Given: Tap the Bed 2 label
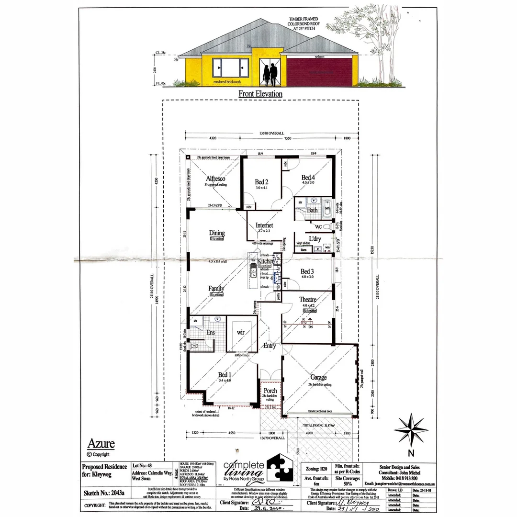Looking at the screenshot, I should pyautogui.click(x=261, y=182).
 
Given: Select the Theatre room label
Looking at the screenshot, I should pyautogui.click(x=308, y=300).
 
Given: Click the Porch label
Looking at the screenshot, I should pyautogui.click(x=270, y=391).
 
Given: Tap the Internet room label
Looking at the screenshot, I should pyautogui.click(x=264, y=225).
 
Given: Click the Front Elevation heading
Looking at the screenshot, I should pyautogui.click(x=260, y=94).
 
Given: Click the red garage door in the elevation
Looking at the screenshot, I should pyautogui.click(x=318, y=70).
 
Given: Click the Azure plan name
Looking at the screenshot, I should pyautogui.click(x=101, y=444).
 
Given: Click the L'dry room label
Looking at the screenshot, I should pyautogui.click(x=315, y=238).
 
